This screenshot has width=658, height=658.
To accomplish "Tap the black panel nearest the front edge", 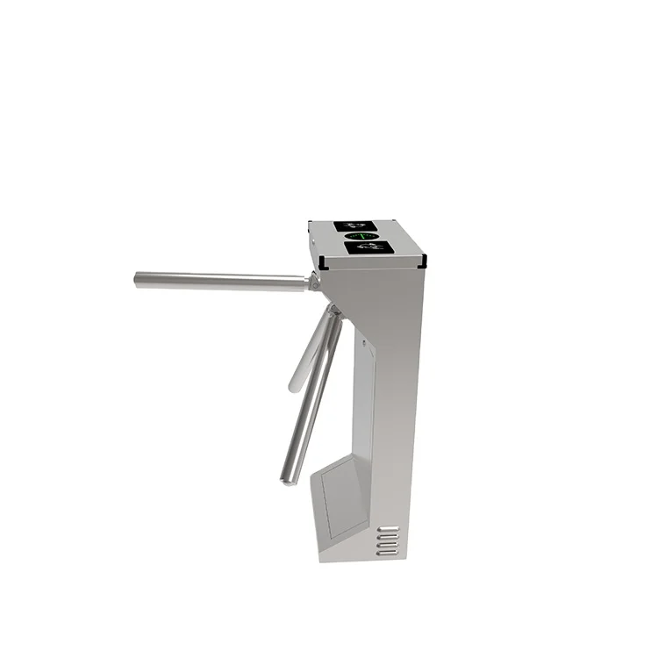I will click(x=368, y=248).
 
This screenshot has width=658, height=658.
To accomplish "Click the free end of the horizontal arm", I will click(x=139, y=279).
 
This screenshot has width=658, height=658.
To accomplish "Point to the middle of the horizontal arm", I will click(x=219, y=282).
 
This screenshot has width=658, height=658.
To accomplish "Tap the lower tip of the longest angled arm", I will click(x=287, y=478).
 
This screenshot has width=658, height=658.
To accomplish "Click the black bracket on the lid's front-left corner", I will click(x=323, y=261).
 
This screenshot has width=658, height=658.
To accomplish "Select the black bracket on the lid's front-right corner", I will click(x=423, y=260).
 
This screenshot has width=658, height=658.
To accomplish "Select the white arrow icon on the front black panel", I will click(x=369, y=248).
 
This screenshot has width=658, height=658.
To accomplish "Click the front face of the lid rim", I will click(x=373, y=263).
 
